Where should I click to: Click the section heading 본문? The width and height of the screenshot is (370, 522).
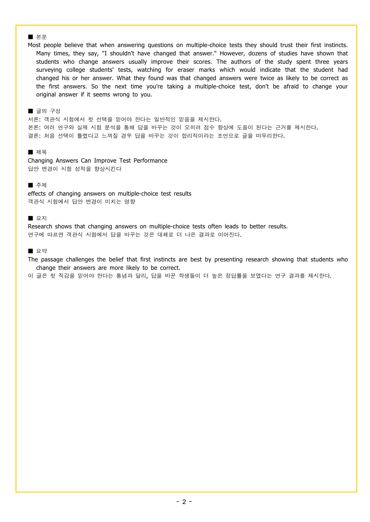(41, 37)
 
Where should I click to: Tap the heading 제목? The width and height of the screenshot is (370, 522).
(41, 152)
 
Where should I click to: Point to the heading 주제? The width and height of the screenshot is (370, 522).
(41, 185)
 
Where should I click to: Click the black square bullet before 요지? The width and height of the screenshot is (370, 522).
(30, 218)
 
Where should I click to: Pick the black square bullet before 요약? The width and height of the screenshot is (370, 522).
(30, 251)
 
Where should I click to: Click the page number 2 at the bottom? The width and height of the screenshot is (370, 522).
(184, 502)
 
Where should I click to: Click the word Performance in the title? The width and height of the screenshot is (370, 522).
(150, 161)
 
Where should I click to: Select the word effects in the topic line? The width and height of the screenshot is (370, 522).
(37, 194)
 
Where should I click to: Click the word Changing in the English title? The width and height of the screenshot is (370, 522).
(40, 161)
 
